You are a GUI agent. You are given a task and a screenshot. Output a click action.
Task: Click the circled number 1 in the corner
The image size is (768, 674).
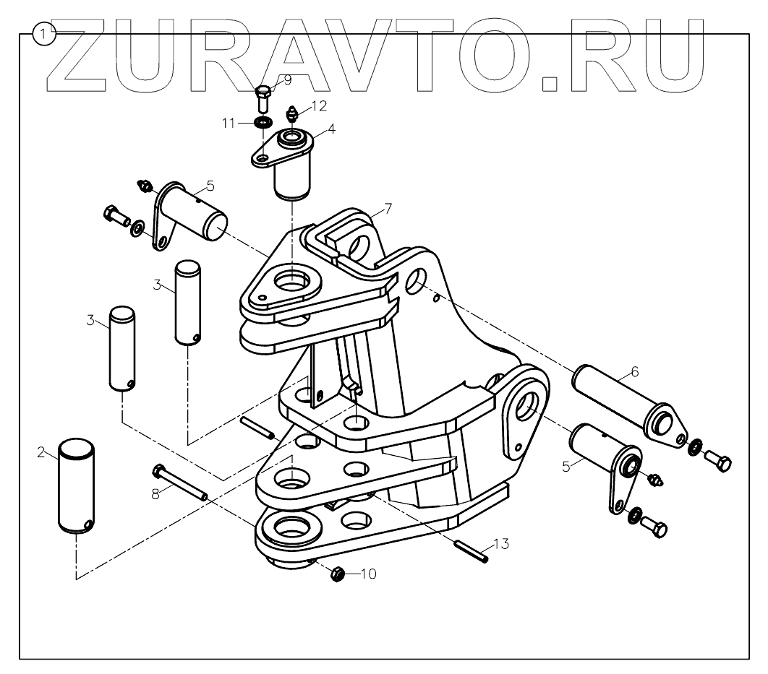(45, 33)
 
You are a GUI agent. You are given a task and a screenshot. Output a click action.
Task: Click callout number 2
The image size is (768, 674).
(41, 452)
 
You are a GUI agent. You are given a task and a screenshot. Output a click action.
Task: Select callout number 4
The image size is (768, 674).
(331, 129)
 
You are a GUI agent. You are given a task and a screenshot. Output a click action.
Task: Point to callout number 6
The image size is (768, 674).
(634, 372)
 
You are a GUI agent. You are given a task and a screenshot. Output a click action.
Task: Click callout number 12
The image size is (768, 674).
(319, 105)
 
